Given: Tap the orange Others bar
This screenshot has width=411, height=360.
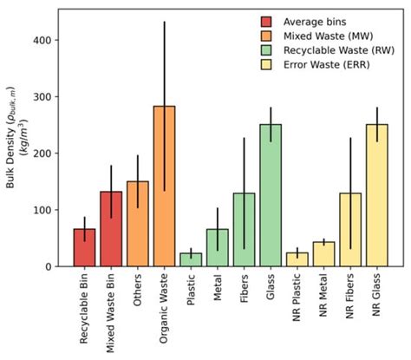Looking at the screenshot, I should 137,225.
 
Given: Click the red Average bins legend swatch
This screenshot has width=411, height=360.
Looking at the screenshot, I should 266,21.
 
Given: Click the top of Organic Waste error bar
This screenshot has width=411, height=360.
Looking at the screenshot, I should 164,22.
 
